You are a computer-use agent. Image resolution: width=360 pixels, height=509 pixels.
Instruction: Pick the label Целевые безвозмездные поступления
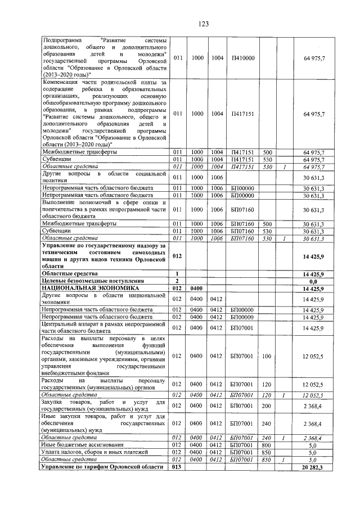pos(93,281)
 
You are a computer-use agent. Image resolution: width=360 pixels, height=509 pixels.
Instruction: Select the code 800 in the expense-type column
pos(267,444)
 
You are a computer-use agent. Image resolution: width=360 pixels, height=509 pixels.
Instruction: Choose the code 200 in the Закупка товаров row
pos(267,406)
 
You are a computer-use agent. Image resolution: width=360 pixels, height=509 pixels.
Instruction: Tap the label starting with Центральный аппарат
pos(105,327)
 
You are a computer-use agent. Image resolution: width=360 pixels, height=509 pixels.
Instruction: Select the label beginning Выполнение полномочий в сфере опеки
pos(105,210)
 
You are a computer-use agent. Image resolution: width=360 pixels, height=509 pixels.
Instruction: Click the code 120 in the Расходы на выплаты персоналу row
pos(267,384)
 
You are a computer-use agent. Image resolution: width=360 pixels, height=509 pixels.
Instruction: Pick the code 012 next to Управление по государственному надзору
pos(177,256)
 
